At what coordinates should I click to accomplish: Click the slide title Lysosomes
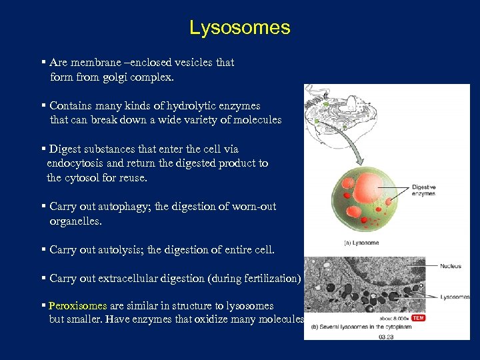pyautogui.click(x=239, y=27)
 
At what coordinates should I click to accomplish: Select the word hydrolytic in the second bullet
pyautogui.click(x=195, y=105)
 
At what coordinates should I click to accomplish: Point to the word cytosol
pyautogui.click(x=84, y=178)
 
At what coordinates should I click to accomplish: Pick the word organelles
pyautogui.click(x=77, y=221)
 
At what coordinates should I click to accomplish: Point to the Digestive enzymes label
pyautogui.click(x=424, y=189)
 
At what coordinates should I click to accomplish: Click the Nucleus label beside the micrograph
pyautogui.click(x=451, y=266)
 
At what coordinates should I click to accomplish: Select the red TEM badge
pyautogui.click(x=418, y=318)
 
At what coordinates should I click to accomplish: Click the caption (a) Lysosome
pyautogui.click(x=361, y=243)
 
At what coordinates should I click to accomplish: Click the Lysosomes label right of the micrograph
pyautogui.click(x=455, y=297)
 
